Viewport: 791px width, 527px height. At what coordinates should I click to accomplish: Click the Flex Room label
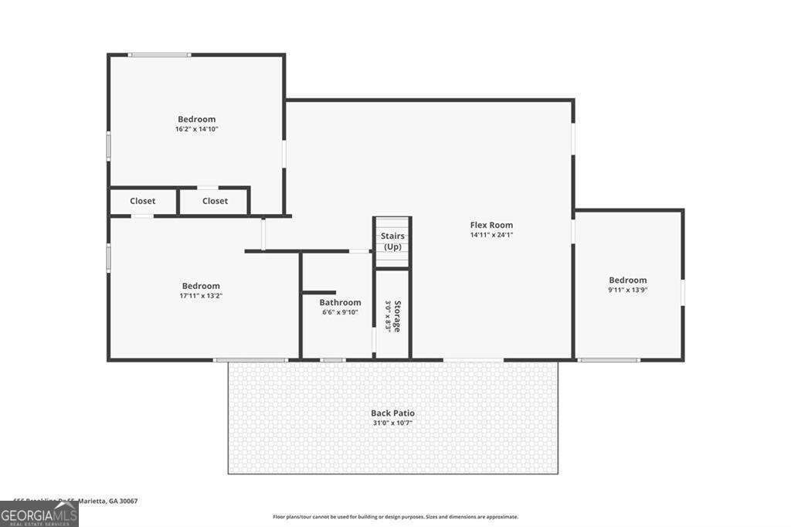[x=491, y=225]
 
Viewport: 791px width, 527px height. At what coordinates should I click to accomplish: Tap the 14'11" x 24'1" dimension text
[x=491, y=235]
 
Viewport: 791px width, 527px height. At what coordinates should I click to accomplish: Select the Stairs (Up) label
[x=392, y=241]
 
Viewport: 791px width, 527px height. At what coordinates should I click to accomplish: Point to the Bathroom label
[x=340, y=302]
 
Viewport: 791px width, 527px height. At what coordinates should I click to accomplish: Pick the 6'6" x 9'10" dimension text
[x=340, y=312]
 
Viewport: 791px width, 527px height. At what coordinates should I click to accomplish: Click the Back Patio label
[x=392, y=413]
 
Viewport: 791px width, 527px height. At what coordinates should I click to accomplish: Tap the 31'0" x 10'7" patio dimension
[x=392, y=423]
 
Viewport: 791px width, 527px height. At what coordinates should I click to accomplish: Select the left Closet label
[x=142, y=201]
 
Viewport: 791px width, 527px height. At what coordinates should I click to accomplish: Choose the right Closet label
[x=215, y=201]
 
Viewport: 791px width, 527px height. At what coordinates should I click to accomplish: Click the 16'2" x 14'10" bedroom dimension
[x=197, y=129]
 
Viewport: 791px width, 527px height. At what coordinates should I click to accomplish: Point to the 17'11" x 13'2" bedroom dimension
[x=201, y=296]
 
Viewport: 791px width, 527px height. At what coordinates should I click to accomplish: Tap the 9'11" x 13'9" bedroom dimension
[x=627, y=290]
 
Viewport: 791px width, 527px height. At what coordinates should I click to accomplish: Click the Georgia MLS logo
[x=39, y=514]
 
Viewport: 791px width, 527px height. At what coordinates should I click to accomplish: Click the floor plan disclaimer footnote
[x=395, y=517]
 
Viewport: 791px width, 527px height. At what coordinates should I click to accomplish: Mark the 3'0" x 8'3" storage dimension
[x=389, y=315]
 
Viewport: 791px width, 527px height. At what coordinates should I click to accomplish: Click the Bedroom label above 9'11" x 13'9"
[x=627, y=280]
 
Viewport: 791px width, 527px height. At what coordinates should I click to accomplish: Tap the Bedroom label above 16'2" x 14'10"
[x=197, y=119]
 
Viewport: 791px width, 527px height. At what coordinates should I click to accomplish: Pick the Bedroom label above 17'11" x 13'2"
[x=201, y=286]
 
